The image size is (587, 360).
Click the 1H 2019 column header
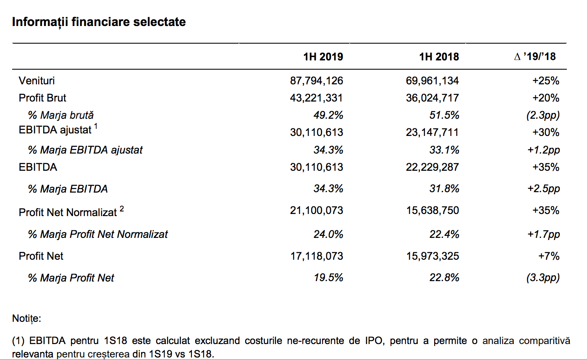point(323,57)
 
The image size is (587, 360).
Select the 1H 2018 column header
point(439,57)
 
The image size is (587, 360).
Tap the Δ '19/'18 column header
point(535,57)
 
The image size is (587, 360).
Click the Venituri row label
point(37,81)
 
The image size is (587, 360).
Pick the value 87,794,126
point(317,81)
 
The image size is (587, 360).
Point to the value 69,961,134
point(432,81)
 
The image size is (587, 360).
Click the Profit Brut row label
point(42,98)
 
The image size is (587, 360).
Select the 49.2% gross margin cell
point(328,115)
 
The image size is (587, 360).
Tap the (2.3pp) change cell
point(543,115)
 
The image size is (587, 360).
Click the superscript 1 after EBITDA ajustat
point(96,126)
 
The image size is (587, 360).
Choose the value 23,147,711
point(432,133)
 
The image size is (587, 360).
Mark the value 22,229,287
point(432,167)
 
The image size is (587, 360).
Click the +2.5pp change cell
point(544,189)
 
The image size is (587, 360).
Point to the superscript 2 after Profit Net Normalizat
point(122,209)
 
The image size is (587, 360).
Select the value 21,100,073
point(317,211)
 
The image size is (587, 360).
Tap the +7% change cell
point(549,256)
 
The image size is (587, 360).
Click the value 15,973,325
point(432,256)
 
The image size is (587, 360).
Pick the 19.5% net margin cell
point(329,277)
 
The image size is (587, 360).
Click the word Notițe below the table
point(26,319)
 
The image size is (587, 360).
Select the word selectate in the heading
point(159,22)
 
